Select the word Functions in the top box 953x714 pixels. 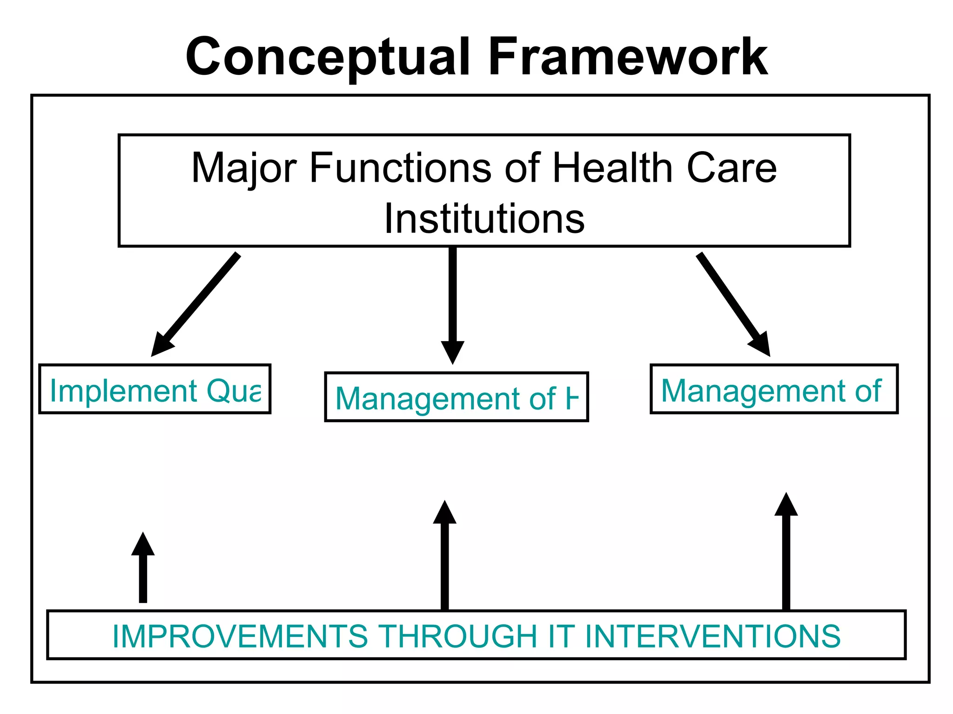400,168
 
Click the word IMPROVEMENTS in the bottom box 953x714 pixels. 240,636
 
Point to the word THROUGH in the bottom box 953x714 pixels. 458,636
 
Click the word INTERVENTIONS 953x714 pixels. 712,636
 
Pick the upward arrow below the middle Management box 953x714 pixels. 445,558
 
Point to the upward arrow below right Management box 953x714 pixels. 786,553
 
